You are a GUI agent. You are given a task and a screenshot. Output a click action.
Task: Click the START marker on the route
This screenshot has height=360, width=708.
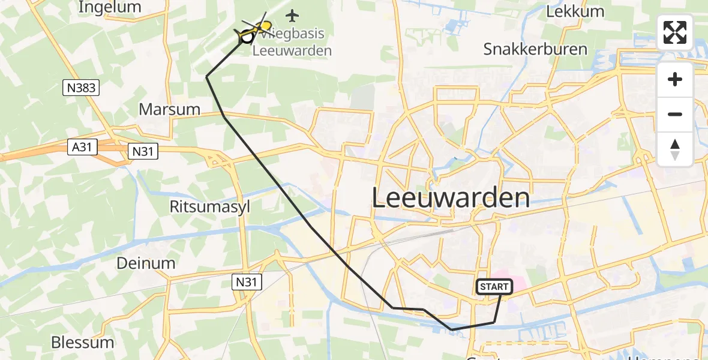[x=494, y=287]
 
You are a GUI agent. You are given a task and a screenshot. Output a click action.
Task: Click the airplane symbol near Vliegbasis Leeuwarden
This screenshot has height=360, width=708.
[x=293, y=14]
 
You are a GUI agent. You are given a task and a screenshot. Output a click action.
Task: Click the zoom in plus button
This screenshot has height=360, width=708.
[x=675, y=79]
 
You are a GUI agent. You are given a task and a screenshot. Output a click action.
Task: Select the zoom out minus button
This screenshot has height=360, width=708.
[x=675, y=114]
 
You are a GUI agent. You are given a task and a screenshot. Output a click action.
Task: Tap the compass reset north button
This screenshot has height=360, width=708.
[x=675, y=149]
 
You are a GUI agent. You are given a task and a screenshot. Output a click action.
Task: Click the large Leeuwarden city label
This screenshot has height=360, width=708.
[x=451, y=197]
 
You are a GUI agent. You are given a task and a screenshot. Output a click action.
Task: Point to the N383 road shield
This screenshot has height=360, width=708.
[x=80, y=88]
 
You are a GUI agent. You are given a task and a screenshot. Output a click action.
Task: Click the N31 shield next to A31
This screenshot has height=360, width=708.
[x=143, y=152]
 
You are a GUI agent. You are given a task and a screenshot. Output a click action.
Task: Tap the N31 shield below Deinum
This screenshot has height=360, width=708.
[x=247, y=281]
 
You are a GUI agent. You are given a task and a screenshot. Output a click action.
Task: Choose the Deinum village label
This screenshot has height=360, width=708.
[x=146, y=263]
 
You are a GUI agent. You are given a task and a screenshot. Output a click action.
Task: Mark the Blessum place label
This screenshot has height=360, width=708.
[x=82, y=343]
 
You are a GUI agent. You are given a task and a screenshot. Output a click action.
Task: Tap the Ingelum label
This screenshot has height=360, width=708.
[x=110, y=7]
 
